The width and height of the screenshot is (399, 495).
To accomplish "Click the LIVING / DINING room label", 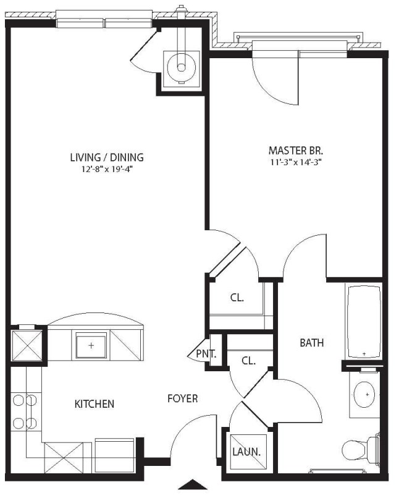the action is [107, 157].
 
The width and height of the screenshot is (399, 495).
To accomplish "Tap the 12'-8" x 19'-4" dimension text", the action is [106, 170].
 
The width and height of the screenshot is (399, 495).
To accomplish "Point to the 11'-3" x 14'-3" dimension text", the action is [296, 162].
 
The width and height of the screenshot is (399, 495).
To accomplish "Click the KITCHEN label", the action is [94, 404].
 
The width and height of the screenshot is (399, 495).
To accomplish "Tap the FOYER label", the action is [182, 398].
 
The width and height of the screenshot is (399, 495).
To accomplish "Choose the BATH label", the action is [312, 343].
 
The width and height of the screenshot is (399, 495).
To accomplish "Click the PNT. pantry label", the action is [206, 354].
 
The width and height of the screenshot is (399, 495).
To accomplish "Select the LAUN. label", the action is [246, 452].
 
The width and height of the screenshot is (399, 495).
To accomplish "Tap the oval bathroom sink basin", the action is [364, 394].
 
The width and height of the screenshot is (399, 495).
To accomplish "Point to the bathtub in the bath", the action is [364, 321].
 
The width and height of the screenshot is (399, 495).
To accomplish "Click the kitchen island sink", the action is [91, 346].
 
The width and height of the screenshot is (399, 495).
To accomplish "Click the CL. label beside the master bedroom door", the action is [237, 298].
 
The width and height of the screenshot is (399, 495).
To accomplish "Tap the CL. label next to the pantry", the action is [249, 361].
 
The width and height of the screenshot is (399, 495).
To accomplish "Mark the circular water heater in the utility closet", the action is [181, 67].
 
